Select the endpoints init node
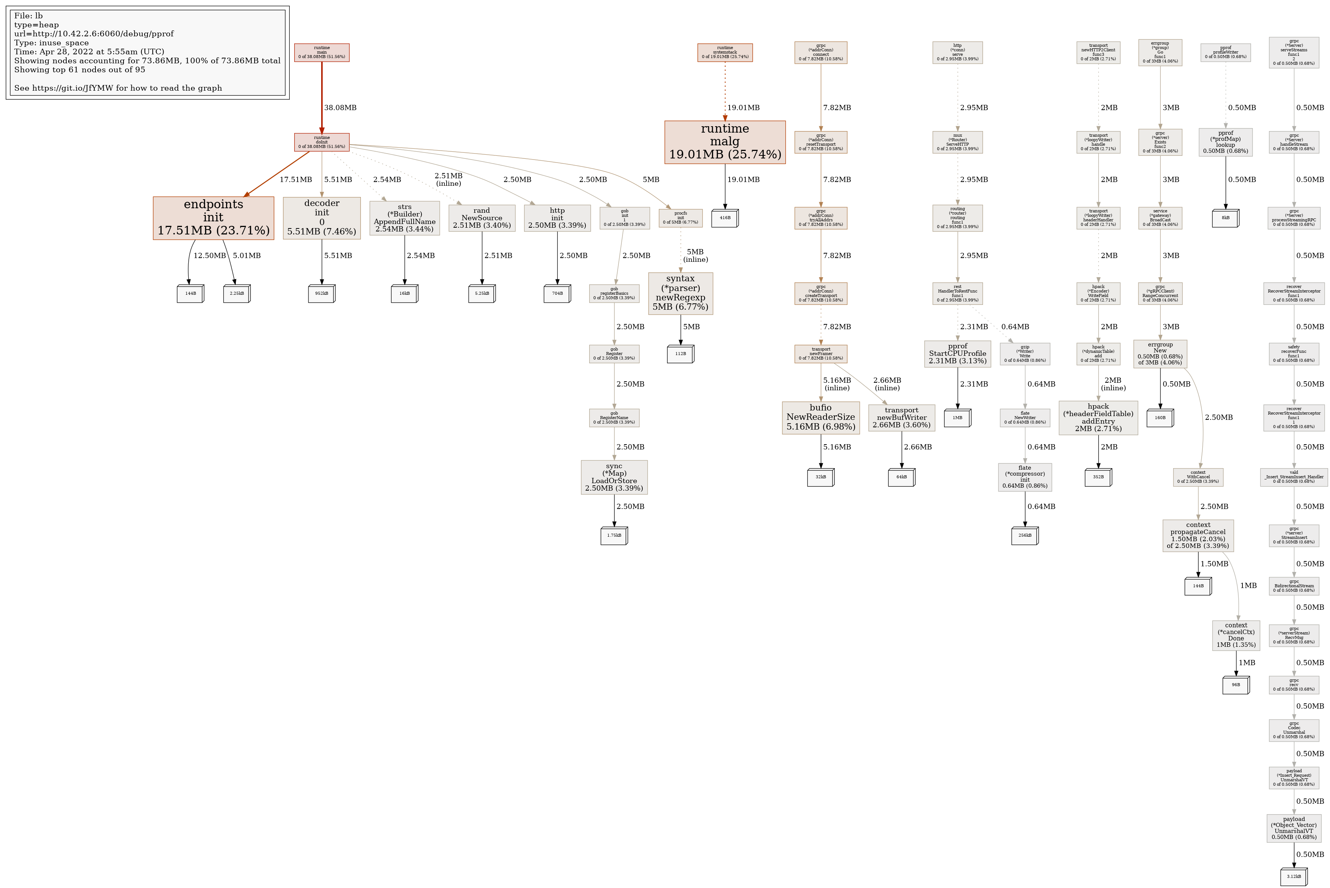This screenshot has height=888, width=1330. tap(213, 218)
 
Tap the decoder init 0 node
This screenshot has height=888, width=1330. tap(322, 218)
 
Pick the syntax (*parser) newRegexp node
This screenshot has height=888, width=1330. tap(680, 293)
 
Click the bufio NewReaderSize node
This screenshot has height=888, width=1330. tap(821, 417)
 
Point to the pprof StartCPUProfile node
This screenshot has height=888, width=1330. tap(958, 354)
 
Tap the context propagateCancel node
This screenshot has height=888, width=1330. tap(1198, 536)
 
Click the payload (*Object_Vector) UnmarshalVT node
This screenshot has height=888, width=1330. tap(1294, 828)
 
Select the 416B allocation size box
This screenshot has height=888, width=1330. tap(724, 218)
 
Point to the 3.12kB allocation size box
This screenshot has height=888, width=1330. tap(1294, 877)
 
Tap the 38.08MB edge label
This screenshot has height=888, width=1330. tap(340, 107)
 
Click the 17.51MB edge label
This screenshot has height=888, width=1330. tap(295, 179)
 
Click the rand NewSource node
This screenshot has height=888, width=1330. tap(482, 218)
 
